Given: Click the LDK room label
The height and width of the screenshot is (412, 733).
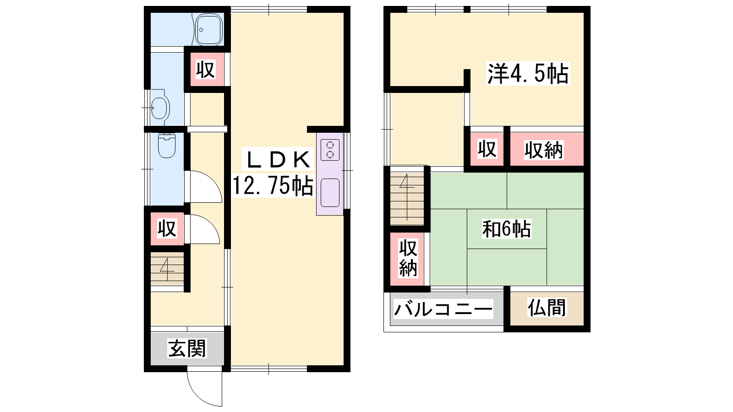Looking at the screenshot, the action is point(277,160).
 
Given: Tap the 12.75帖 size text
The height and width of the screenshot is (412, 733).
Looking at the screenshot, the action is point(273,186).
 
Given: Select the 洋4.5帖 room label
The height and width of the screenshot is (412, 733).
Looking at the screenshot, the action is point(528,74).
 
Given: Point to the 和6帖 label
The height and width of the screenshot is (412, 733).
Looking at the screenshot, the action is point(507,229).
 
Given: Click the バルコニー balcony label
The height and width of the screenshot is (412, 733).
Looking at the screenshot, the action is point(443,309).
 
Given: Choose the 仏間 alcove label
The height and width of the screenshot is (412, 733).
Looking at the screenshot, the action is point(547,308).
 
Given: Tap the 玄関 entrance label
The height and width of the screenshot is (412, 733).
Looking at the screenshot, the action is point(187,348).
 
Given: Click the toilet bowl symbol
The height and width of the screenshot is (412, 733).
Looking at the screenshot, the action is point(167,146).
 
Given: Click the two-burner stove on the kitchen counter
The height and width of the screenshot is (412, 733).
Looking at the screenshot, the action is point(330,150).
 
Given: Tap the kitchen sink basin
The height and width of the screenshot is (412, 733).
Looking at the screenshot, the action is point(330,193).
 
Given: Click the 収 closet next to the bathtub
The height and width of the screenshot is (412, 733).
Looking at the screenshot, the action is point(206,69).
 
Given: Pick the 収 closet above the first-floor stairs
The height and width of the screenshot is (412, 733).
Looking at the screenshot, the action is point(167,228).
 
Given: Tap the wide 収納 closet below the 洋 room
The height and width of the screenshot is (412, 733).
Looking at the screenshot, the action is point(547,149).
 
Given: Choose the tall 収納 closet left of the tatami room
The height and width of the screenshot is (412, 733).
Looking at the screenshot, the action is point(408,258).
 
